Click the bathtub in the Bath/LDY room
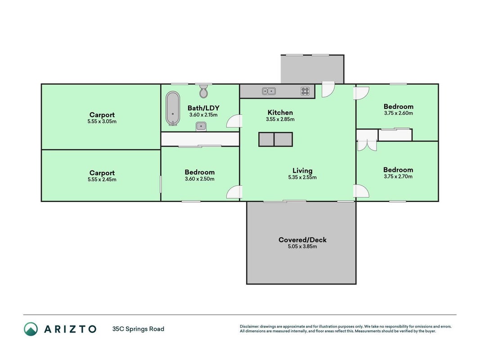click(x=173, y=108)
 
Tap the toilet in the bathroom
click(x=204, y=91)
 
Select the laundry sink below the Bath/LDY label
click(x=201, y=126)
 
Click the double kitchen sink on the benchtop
click(x=269, y=91)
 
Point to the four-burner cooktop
click(x=305, y=91)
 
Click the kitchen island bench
click(x=275, y=139)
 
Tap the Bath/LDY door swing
click(x=234, y=121)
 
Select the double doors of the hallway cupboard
click(x=367, y=145)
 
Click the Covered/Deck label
click(x=302, y=240)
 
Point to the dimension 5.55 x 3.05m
click(x=102, y=121)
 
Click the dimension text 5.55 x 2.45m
click(x=102, y=180)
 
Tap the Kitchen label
click(x=280, y=112)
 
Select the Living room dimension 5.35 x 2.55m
click(x=302, y=177)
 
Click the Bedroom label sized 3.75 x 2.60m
click(x=398, y=106)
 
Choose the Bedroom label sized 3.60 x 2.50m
click(x=200, y=172)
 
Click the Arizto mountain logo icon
click(x=31, y=329)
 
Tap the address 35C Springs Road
click(x=138, y=329)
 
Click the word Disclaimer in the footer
click(x=249, y=327)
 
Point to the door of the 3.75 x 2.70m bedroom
click(x=361, y=191)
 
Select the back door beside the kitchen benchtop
click(x=328, y=90)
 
